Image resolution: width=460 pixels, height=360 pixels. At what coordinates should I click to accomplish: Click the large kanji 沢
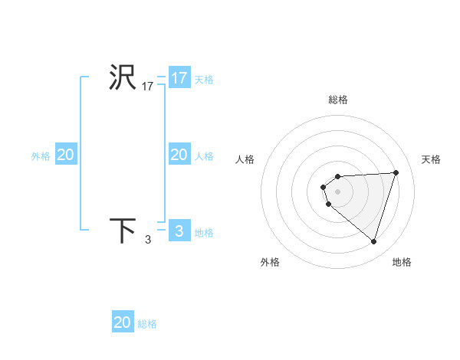pyautogui.click(x=123, y=78)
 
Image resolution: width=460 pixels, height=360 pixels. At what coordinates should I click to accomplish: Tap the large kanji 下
pyautogui.click(x=123, y=231)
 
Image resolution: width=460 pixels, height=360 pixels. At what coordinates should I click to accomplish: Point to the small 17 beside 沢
pyautogui.click(x=148, y=87)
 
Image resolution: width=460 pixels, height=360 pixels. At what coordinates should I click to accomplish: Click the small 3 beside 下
pyautogui.click(x=148, y=241)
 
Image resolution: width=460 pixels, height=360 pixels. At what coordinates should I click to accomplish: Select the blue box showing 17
pyautogui.click(x=179, y=78)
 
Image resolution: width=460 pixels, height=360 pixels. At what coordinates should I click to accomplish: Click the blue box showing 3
pyautogui.click(x=179, y=231)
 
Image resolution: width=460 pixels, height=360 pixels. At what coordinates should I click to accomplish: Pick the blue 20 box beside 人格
pyautogui.click(x=179, y=155)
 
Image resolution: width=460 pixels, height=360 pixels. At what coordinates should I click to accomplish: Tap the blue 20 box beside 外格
pyautogui.click(x=66, y=155)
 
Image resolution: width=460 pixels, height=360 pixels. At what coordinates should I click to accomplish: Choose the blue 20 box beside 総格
pyautogui.click(x=123, y=322)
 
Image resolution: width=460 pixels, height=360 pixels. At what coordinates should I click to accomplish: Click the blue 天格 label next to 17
pyautogui.click(x=204, y=79)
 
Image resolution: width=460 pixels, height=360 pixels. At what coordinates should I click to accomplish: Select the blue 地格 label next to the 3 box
pyautogui.click(x=204, y=232)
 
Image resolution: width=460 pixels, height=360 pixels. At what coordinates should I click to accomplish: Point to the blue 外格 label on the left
pyautogui.click(x=41, y=155)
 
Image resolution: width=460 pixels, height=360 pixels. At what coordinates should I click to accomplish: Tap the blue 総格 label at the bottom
pyautogui.click(x=147, y=324)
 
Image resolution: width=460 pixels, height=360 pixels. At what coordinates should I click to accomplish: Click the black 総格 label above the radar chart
pyautogui.click(x=338, y=100)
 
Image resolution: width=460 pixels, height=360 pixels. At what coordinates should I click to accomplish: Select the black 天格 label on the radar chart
pyautogui.click(x=431, y=159)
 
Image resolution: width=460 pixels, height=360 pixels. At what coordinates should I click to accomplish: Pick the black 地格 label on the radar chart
pyautogui.click(x=402, y=262)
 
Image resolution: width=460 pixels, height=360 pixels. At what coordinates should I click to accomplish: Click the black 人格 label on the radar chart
pyautogui.click(x=245, y=159)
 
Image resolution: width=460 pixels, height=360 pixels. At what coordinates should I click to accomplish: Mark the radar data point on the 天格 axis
pyautogui.click(x=396, y=172)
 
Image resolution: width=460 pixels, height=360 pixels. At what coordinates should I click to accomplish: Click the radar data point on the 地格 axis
pyautogui.click(x=374, y=241)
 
